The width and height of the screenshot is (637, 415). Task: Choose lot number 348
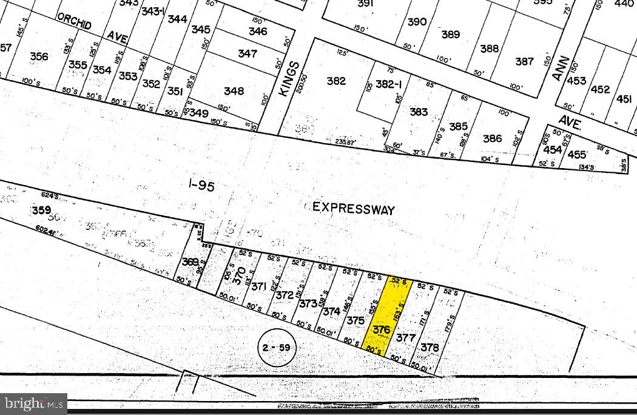(x=234, y=91)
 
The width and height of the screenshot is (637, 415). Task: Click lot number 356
(x=39, y=56)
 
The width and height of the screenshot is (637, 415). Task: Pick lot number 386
(x=492, y=138)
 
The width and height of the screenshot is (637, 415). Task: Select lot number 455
(x=577, y=155)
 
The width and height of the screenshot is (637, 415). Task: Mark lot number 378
(x=430, y=347)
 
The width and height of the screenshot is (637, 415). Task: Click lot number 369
(x=190, y=261)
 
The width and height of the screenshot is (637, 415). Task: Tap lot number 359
(x=41, y=210)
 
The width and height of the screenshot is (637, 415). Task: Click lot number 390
(x=417, y=22)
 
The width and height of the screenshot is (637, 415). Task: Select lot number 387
(x=524, y=61)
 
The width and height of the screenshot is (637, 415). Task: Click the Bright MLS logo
(x=33, y=403)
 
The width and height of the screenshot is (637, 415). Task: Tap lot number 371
(x=259, y=286)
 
